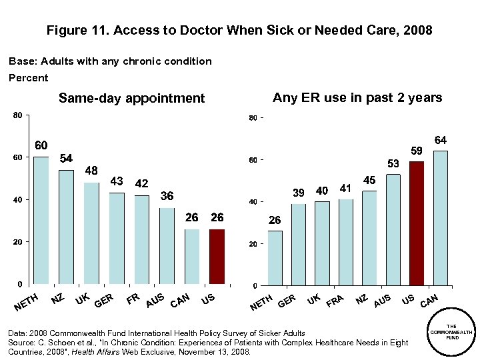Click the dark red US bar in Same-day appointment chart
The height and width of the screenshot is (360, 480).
(217, 256)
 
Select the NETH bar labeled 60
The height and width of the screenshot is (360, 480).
(41, 220)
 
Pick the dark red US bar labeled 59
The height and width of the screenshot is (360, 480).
(417, 223)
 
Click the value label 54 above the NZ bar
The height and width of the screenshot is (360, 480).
(67, 159)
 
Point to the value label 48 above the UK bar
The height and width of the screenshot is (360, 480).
(91, 171)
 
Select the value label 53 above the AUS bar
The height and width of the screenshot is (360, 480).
(393, 163)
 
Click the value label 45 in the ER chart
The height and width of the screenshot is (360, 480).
(369, 180)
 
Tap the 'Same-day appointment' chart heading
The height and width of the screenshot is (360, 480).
(131, 99)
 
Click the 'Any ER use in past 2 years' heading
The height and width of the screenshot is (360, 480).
(357, 98)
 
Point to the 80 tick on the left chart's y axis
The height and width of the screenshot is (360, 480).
(17, 115)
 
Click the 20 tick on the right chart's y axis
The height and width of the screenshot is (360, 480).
(253, 245)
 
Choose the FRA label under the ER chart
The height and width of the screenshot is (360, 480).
(335, 301)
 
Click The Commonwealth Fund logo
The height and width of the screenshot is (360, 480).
(451, 331)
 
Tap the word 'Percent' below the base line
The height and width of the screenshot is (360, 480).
(28, 78)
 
